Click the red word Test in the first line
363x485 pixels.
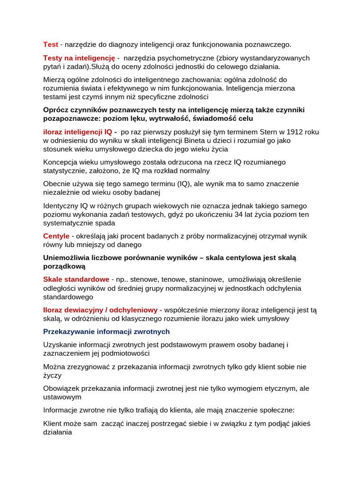[x=51, y=45]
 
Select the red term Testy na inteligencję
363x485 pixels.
[x=79, y=58]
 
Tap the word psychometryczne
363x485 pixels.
[x=184, y=58]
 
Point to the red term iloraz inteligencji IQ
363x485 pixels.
[x=78, y=132]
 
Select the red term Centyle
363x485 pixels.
[x=56, y=236]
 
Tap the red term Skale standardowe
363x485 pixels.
[x=76, y=279]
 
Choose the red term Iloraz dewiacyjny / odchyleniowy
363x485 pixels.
[x=102, y=310]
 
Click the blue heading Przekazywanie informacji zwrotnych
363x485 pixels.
[x=106, y=332]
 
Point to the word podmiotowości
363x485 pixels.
[x=125, y=353]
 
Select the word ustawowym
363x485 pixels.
[x=62, y=397]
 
